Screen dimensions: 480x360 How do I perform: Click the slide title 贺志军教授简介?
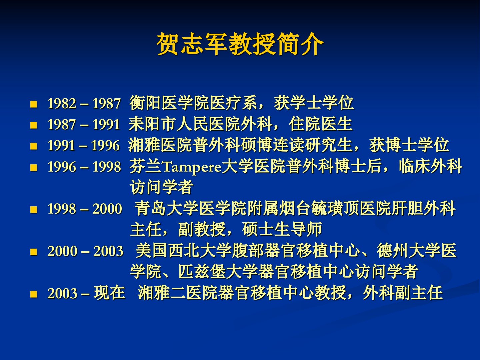240,44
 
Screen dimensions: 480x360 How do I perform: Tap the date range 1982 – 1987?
84,103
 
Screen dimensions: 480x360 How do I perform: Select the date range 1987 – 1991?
84,124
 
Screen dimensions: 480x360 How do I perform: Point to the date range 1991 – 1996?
84,145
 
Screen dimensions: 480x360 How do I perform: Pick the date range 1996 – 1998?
84,167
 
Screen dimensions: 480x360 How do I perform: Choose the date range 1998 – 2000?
85,209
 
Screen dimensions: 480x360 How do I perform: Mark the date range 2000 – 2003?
85,251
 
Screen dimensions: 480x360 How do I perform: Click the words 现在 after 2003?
110,293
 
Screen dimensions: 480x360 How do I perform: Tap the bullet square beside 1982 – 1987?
34,104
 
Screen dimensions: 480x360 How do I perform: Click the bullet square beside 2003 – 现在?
34,294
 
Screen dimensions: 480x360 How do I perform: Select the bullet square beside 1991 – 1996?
34,146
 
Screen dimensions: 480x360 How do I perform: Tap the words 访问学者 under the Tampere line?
161,187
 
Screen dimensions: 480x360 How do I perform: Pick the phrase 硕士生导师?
282,229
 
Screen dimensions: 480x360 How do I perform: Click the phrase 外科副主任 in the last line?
403,293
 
